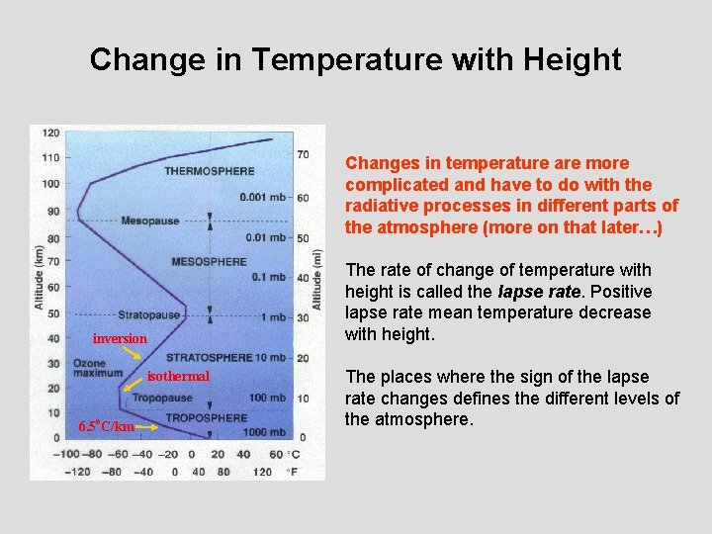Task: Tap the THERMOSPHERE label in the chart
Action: point(209,171)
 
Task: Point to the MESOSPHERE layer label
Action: point(209,262)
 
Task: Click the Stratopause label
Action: point(151,314)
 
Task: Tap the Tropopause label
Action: point(162,399)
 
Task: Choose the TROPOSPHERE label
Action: point(206,418)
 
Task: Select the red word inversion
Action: point(120,339)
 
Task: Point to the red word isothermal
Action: point(178,376)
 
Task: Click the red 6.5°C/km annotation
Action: point(105,426)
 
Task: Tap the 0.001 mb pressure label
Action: point(263,197)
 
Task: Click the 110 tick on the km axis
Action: point(49,157)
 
